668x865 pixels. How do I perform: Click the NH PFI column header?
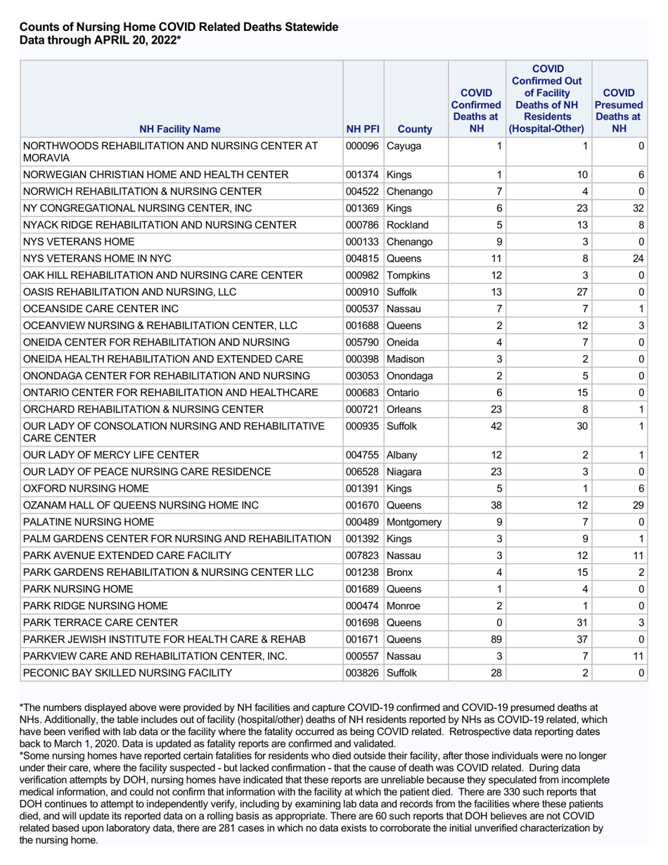pyautogui.click(x=363, y=129)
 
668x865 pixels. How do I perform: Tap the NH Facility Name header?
pyautogui.click(x=179, y=129)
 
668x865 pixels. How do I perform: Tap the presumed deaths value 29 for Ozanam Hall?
pyautogui.click(x=638, y=486)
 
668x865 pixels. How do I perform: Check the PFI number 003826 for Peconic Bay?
pyautogui.click(x=363, y=673)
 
